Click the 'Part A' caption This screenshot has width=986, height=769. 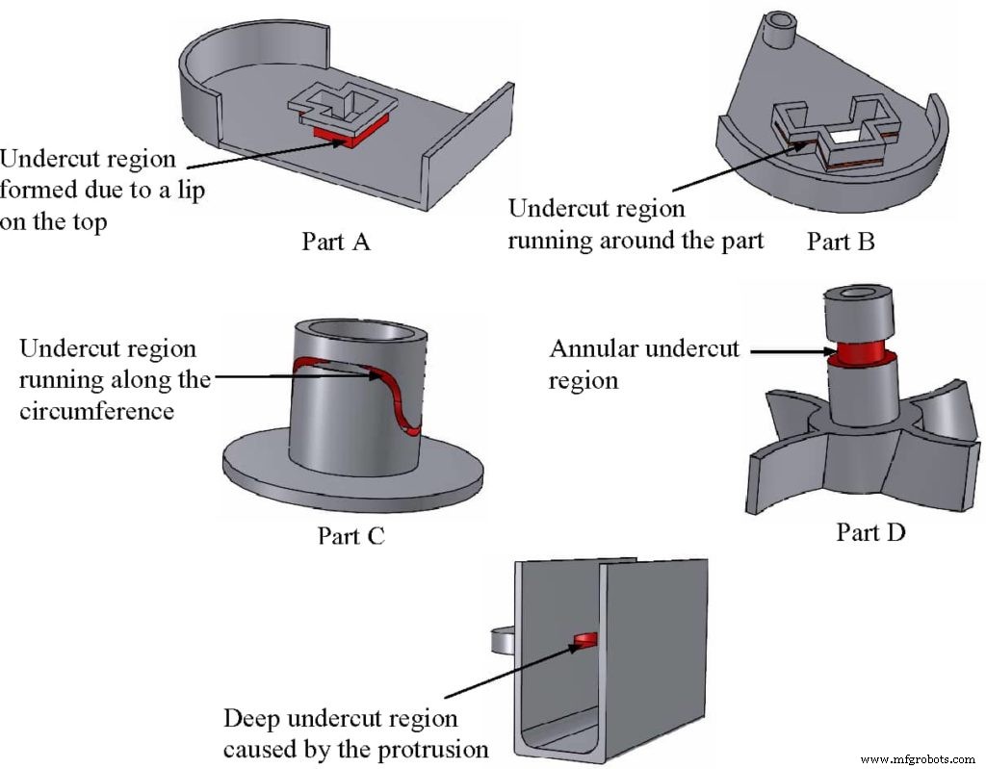coord(335,242)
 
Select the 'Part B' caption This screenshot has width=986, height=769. coord(841,242)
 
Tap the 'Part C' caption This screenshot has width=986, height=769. coord(351,535)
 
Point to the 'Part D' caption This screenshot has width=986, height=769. coord(870,531)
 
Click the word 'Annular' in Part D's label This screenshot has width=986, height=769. coord(594,348)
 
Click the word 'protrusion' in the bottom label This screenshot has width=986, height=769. coord(434,750)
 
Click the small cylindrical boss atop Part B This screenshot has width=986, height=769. coord(777,29)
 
